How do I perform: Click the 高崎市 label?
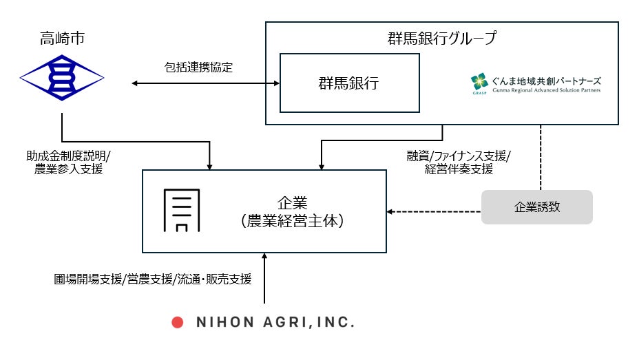61,37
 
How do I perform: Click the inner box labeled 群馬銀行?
349,83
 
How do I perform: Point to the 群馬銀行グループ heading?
442,38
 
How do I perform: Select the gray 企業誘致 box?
536,207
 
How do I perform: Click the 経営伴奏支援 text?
459,169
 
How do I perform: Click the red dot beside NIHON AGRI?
176,321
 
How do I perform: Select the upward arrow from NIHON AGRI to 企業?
264,279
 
